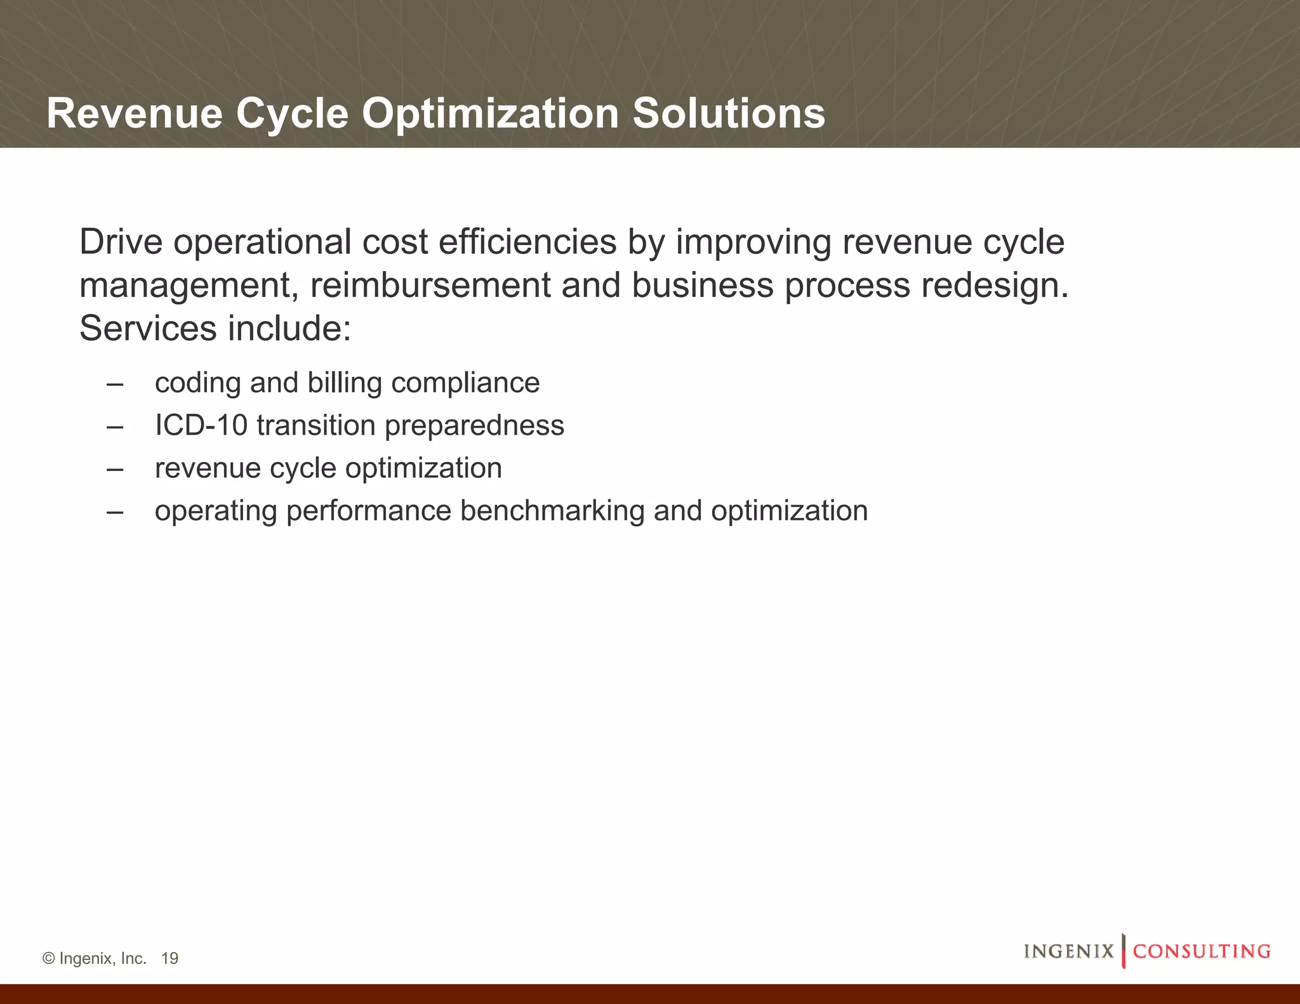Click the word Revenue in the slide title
[135, 114]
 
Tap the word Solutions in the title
[728, 114]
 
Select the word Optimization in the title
[490, 114]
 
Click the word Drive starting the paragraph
[121, 242]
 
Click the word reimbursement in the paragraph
[430, 286]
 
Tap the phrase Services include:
[215, 329]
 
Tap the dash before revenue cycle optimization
[115, 469]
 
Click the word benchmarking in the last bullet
[552, 511]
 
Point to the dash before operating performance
[115, 512]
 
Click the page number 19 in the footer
[169, 958]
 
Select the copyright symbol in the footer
[48, 958]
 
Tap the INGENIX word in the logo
[1068, 951]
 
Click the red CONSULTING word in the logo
[1202, 951]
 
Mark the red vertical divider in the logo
[1124, 951]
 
